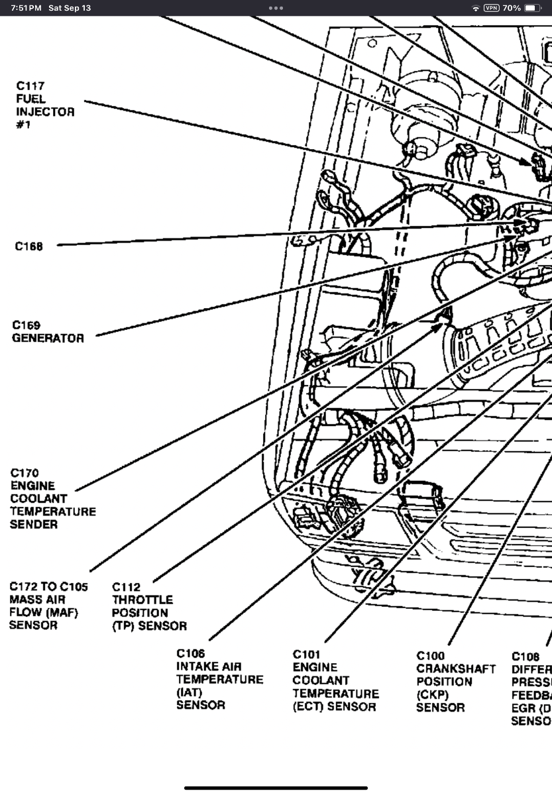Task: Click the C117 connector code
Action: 31,85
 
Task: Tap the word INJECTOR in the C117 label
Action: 45,111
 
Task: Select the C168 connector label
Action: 29,246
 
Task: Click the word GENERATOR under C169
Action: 48,338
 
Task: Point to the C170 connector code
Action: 25,473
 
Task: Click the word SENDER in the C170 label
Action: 34,524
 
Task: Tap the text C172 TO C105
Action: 48,586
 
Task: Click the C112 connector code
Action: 126,586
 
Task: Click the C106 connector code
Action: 191,653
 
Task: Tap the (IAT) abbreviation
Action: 189,692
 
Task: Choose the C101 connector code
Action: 306,654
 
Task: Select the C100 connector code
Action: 431,656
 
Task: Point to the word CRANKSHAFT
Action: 456,669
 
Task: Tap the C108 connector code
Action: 525,657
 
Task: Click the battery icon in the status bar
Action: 533,8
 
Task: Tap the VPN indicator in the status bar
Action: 492,8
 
